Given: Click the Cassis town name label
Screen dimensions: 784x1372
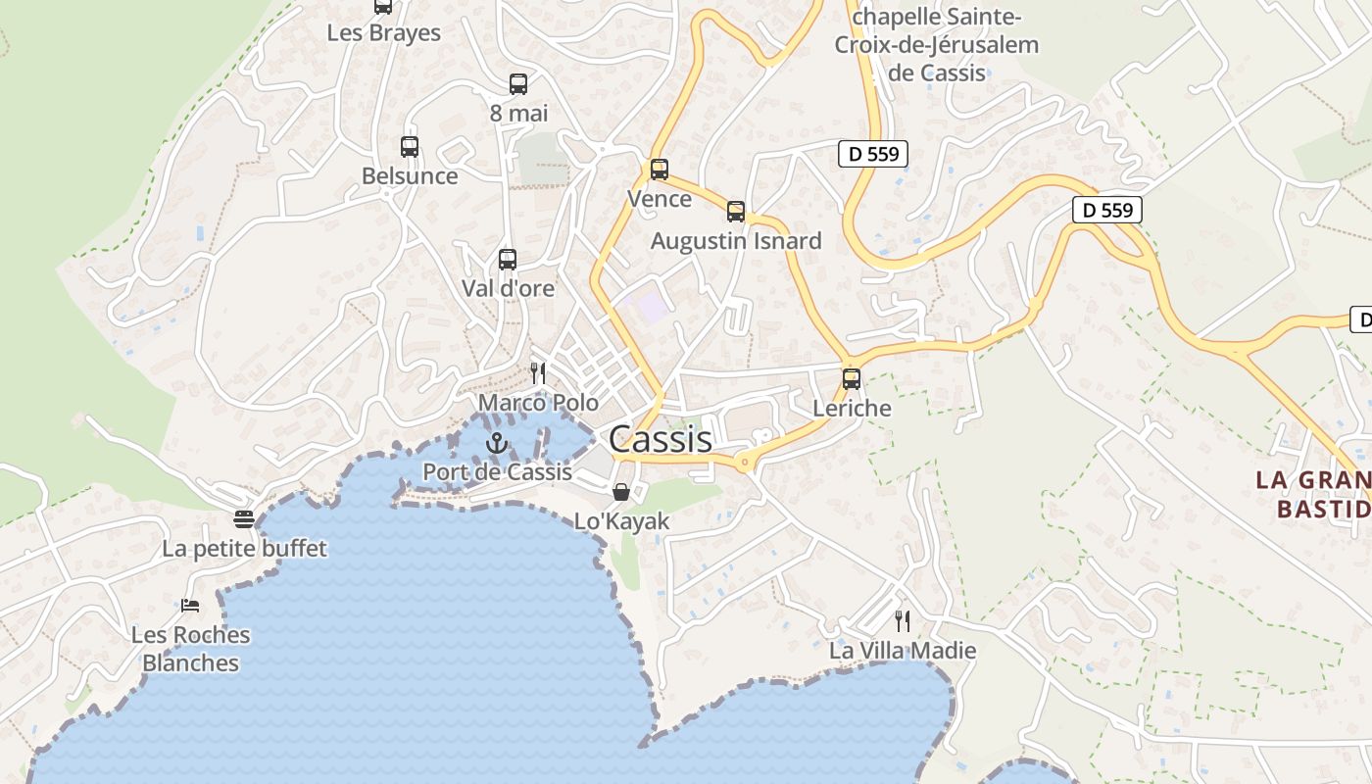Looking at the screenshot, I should [661, 440].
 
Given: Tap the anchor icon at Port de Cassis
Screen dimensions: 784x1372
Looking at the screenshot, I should [498, 444].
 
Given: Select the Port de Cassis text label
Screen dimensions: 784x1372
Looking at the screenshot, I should [497, 471].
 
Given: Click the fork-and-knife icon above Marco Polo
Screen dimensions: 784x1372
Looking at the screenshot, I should [537, 372].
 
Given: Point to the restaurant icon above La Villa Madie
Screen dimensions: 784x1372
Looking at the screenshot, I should [903, 620].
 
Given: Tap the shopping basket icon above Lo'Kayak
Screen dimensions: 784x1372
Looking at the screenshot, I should [621, 491].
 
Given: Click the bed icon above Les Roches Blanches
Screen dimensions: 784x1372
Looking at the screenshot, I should [190, 606].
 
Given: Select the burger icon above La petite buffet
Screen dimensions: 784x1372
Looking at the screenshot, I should [244, 518].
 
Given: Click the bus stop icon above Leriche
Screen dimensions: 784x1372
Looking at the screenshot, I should [852, 378].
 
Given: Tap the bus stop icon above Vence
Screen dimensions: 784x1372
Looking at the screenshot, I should [660, 170].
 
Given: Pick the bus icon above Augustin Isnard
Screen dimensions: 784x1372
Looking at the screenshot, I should [736, 212].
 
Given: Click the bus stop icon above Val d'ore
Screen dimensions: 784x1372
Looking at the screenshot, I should [508, 260].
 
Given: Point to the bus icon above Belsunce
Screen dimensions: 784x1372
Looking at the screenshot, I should [410, 147].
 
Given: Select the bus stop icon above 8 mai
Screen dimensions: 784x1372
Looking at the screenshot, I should [518, 84].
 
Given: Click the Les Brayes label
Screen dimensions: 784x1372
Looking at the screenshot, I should [383, 32].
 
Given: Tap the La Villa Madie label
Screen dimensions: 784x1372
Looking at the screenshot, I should [903, 650].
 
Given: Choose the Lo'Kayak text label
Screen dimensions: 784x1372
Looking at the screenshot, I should [621, 520].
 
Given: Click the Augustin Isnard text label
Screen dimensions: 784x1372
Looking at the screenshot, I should [736, 240].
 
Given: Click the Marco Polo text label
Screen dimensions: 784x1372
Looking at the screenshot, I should [538, 402].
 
